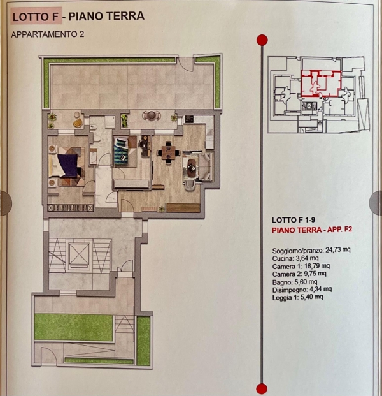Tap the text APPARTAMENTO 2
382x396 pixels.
[x=48, y=34]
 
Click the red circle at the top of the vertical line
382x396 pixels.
[x=262, y=40]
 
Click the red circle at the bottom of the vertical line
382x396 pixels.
[x=262, y=389]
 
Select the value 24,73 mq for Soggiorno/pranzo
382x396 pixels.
[x=338, y=249]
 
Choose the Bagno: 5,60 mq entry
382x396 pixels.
[x=295, y=282]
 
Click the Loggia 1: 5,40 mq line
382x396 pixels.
[x=297, y=297]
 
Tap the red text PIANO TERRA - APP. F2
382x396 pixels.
[x=312, y=230]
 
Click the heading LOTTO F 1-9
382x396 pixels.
[x=294, y=220]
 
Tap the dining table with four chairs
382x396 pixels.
[x=169, y=153]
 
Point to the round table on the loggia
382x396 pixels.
[x=152, y=115]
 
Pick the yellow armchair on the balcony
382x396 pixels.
[x=78, y=123]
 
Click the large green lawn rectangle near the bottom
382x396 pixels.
[x=74, y=327]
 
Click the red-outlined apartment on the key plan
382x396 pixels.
[x=321, y=84]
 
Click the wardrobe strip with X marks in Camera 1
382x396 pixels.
[x=71, y=208]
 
